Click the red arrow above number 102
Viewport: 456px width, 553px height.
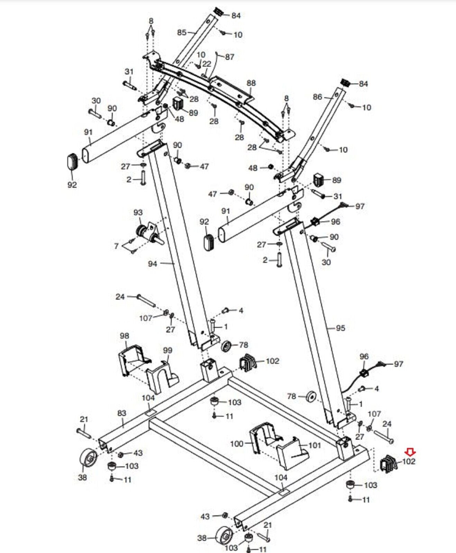(411, 451)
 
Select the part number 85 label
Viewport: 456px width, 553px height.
(182, 32)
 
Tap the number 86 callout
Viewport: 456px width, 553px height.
(317, 97)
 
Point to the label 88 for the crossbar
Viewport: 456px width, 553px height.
(251, 83)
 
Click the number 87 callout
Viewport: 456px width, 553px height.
(230, 57)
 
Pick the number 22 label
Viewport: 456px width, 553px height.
(207, 64)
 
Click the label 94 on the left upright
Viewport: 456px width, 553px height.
(153, 264)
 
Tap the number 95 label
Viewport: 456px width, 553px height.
(340, 328)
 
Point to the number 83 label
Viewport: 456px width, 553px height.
(122, 413)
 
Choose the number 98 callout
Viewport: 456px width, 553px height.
(124, 336)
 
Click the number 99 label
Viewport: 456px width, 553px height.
(167, 350)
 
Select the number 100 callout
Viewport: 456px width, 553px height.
(237, 443)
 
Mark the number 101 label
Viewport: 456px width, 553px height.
(315, 445)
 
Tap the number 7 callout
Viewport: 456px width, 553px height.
(116, 246)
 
